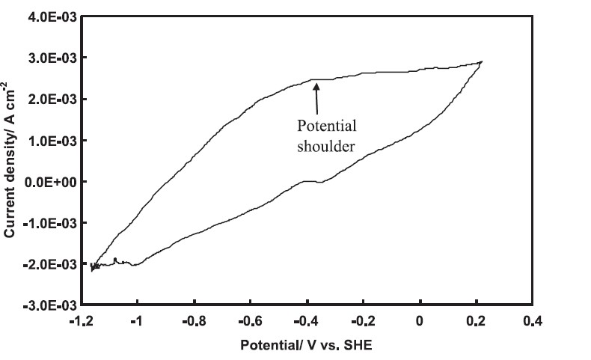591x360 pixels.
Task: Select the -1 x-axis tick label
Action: pyautogui.click(x=136, y=322)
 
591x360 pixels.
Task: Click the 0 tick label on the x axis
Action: pyautogui.click(x=420, y=322)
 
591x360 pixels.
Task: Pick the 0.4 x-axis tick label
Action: pyautogui.click(x=533, y=322)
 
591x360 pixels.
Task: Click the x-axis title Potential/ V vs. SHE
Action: pyautogui.click(x=306, y=347)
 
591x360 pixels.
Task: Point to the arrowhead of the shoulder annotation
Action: pyautogui.click(x=316, y=85)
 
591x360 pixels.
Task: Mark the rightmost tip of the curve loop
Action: pyautogui.click(x=482, y=61)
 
